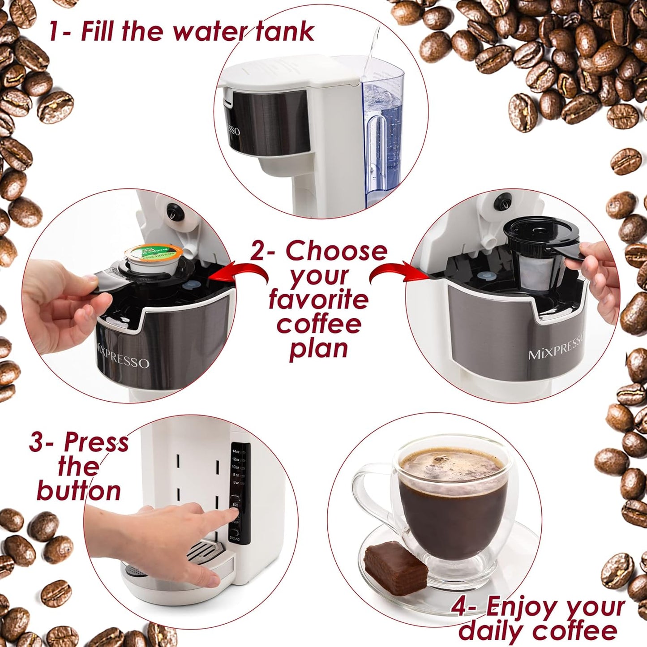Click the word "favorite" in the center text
pos(318,300)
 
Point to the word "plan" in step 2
pos(318,348)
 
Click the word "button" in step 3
pos(79,491)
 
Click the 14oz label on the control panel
pos(236,451)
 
